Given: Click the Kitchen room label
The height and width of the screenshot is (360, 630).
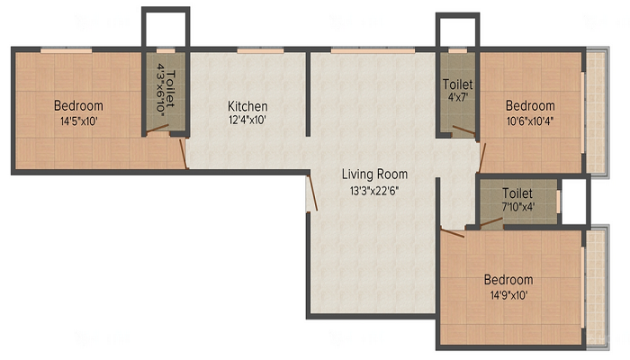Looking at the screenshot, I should (247, 106).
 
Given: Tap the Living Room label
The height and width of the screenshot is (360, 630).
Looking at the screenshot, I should (374, 174).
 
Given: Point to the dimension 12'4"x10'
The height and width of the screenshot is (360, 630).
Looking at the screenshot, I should (247, 120).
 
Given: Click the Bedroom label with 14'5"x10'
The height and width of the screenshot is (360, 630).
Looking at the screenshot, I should (78, 104).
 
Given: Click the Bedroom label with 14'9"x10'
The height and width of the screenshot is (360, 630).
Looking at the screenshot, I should (508, 279).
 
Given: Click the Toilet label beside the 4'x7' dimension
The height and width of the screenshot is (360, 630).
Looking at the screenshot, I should (458, 85).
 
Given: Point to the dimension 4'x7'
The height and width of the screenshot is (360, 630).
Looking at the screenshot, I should (458, 98).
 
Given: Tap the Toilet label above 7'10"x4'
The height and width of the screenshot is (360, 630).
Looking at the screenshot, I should (517, 193).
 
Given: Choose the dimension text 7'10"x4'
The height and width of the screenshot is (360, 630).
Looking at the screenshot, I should (517, 206).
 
